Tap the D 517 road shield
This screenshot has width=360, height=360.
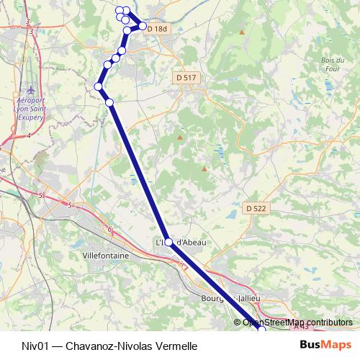(x=186, y=76)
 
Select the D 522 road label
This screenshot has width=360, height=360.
(x=256, y=207)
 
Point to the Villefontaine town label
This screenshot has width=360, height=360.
(x=105, y=255)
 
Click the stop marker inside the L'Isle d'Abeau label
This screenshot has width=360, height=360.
(x=169, y=243)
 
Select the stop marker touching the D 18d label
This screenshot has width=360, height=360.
(x=143, y=27)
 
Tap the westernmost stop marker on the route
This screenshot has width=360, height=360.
(x=99, y=87)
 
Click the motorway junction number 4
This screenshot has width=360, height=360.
(x=28, y=135)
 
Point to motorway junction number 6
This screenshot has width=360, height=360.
(x=110, y=230)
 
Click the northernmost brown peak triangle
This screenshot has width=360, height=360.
(x=242, y=32)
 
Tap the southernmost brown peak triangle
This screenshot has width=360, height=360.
(x=204, y=169)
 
